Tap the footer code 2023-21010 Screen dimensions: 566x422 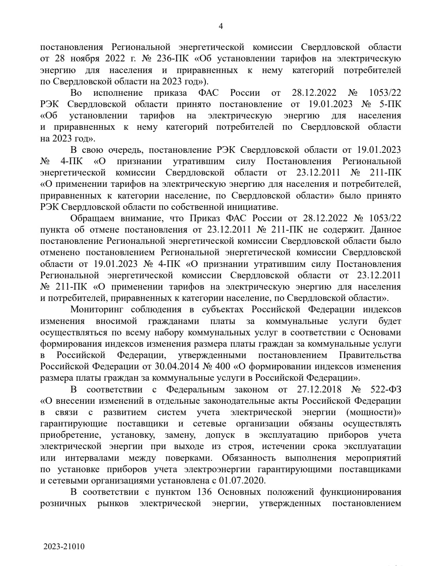(x=64, y=546)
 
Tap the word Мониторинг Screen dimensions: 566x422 (x=96, y=309)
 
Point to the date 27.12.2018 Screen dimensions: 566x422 (x=314, y=389)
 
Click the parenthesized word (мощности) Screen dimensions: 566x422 (x=374, y=412)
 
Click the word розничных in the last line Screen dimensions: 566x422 (x=64, y=503)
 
